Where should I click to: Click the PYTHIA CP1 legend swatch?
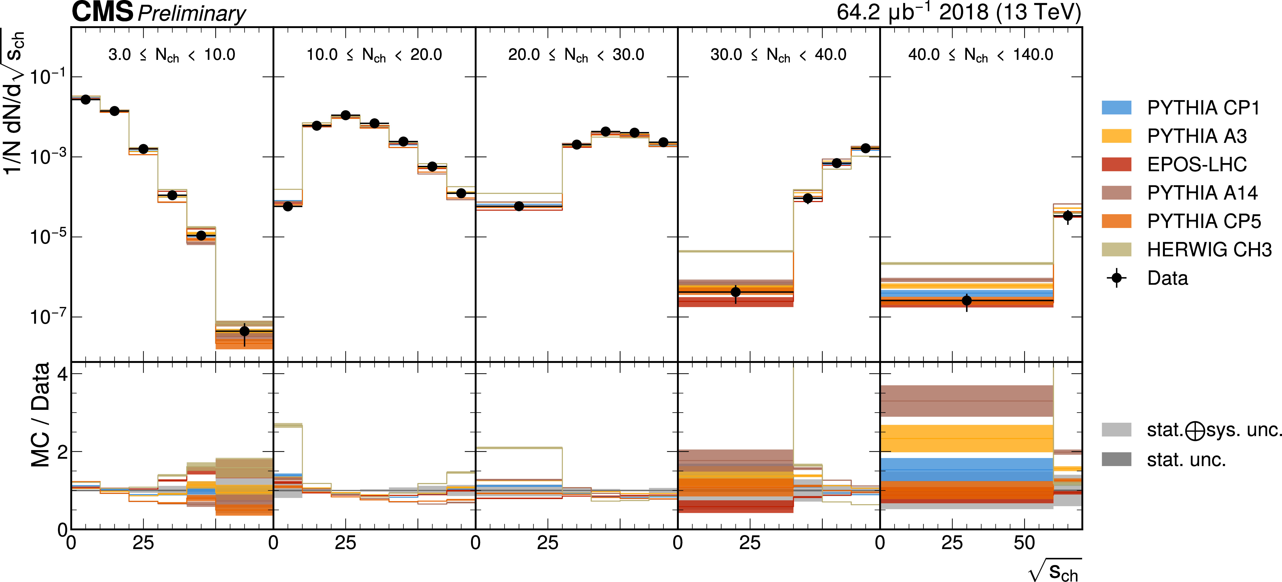click(x=1116, y=107)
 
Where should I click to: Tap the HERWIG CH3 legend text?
click(x=1209, y=249)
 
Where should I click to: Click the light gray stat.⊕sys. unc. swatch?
click(x=1116, y=430)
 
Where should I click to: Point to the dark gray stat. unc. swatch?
click(x=1116, y=459)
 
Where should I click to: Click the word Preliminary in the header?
click(x=192, y=13)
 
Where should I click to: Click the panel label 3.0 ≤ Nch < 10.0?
click(x=172, y=55)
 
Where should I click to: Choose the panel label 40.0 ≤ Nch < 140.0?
click(x=980, y=55)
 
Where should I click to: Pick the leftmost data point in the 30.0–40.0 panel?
click(x=736, y=292)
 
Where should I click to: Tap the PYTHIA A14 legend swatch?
click(x=1116, y=193)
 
